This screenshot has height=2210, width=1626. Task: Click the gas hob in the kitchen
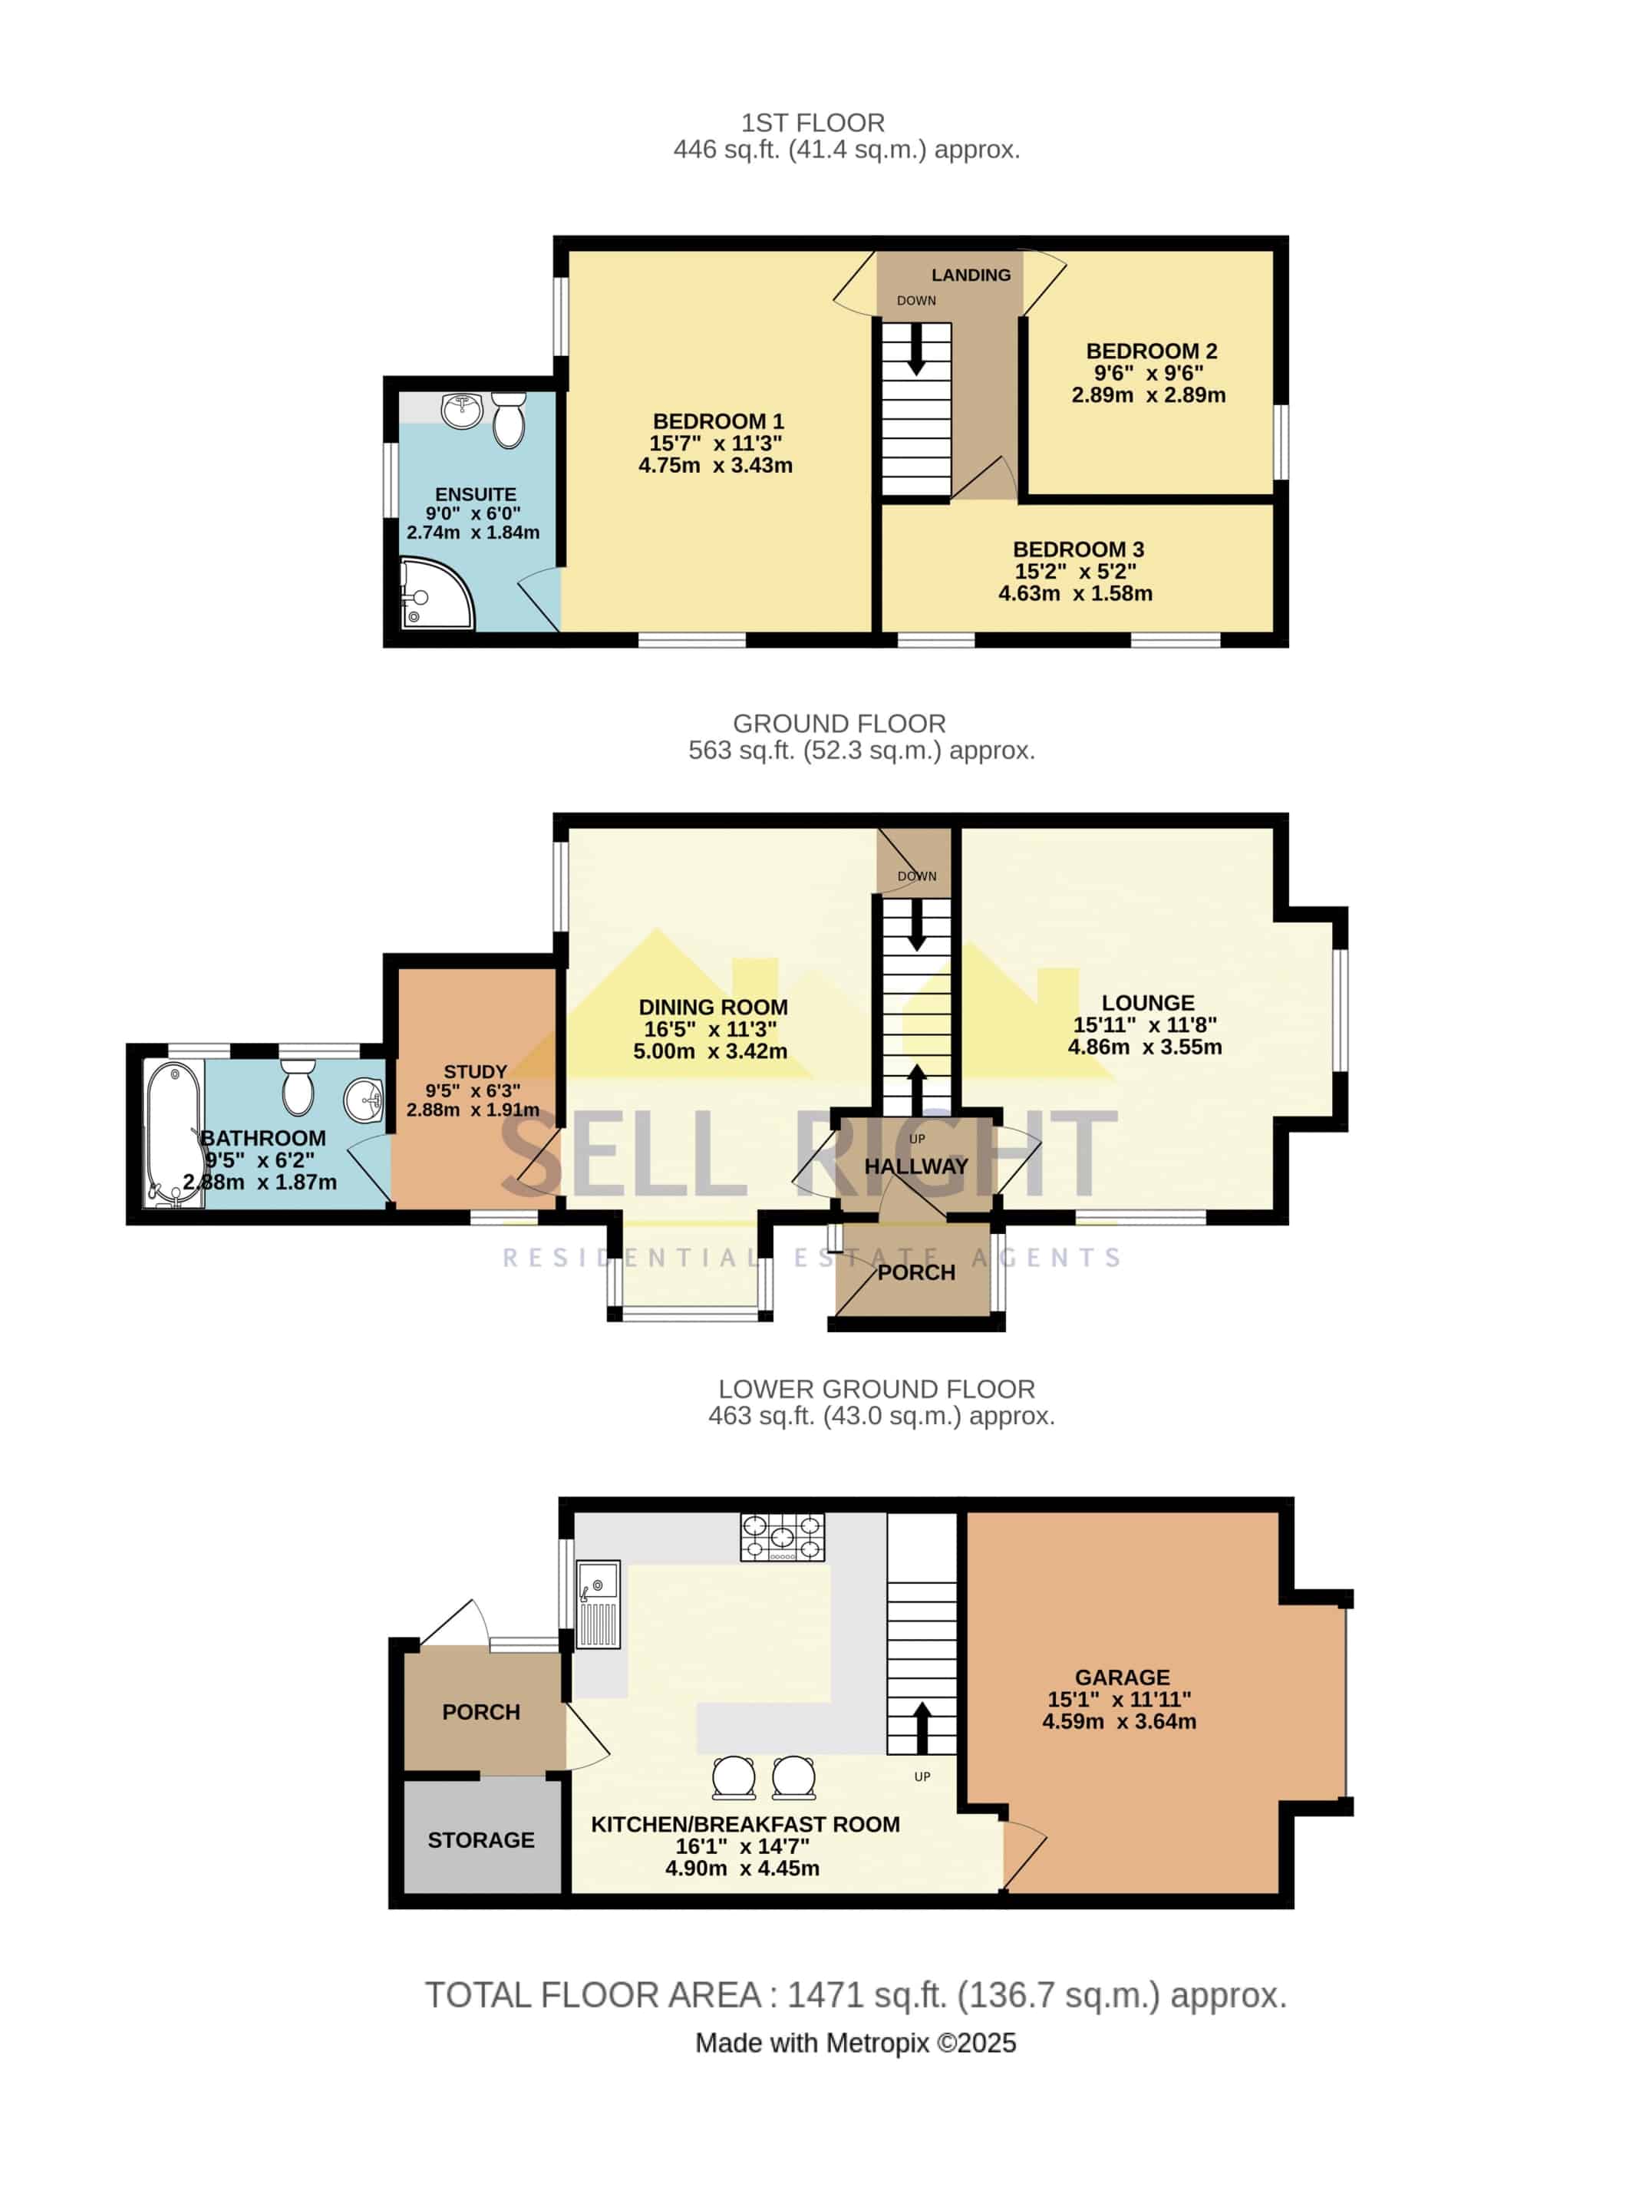783,1538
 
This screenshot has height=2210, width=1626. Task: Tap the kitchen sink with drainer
598,1604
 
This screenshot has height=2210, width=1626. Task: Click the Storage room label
480,1840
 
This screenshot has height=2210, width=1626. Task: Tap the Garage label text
1122,1677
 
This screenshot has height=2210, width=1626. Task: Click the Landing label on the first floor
971,275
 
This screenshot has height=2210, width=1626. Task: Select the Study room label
476,1072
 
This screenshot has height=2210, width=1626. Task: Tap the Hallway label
915,1166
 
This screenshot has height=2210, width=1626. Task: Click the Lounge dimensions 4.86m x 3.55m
1145,1047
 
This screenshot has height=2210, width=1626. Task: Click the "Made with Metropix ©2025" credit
856,2043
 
